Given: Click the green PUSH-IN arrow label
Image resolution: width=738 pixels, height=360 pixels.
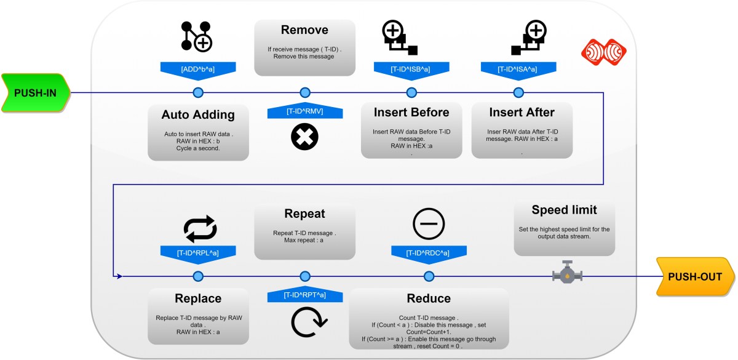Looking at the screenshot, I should [x=35, y=92].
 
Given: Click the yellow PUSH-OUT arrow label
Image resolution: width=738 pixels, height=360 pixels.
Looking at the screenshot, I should [x=695, y=276].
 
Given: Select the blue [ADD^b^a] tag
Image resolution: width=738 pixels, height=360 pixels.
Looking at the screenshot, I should [x=198, y=69].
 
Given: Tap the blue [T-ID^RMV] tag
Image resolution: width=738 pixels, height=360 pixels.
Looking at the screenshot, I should [x=305, y=111].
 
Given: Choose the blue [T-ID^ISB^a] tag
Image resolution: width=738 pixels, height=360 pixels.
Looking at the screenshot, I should [x=411, y=69].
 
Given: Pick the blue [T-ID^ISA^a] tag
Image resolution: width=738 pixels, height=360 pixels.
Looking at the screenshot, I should [x=518, y=69].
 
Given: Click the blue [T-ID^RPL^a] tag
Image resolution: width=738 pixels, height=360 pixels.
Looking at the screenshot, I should [x=198, y=252].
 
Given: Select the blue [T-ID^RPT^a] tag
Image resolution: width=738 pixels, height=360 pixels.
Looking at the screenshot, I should [x=305, y=295].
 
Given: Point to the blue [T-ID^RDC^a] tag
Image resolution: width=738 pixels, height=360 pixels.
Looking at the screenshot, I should [x=428, y=252].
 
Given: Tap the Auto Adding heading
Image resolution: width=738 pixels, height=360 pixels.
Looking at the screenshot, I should [x=198, y=114].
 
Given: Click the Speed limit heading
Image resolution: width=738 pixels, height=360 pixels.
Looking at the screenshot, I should [x=564, y=210].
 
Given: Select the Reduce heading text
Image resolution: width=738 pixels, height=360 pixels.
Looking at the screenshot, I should [x=429, y=298].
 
